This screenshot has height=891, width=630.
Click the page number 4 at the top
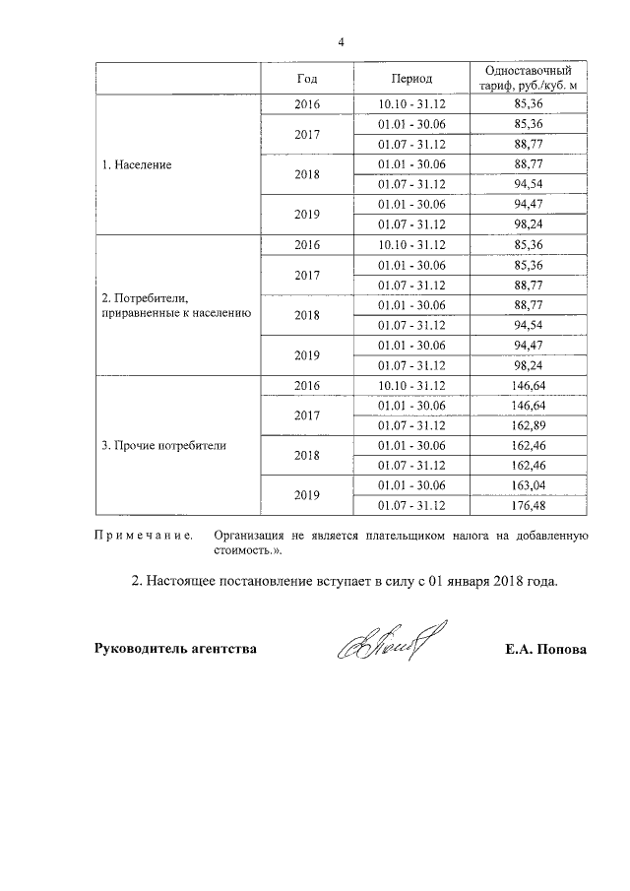(x=341, y=42)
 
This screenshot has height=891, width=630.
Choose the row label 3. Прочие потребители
(x=163, y=445)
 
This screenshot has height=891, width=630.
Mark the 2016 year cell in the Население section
(x=307, y=104)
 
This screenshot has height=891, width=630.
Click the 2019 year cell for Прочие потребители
(x=307, y=495)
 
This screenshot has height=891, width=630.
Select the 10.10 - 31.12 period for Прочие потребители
(x=411, y=385)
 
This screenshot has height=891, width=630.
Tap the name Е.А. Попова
(x=543, y=649)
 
